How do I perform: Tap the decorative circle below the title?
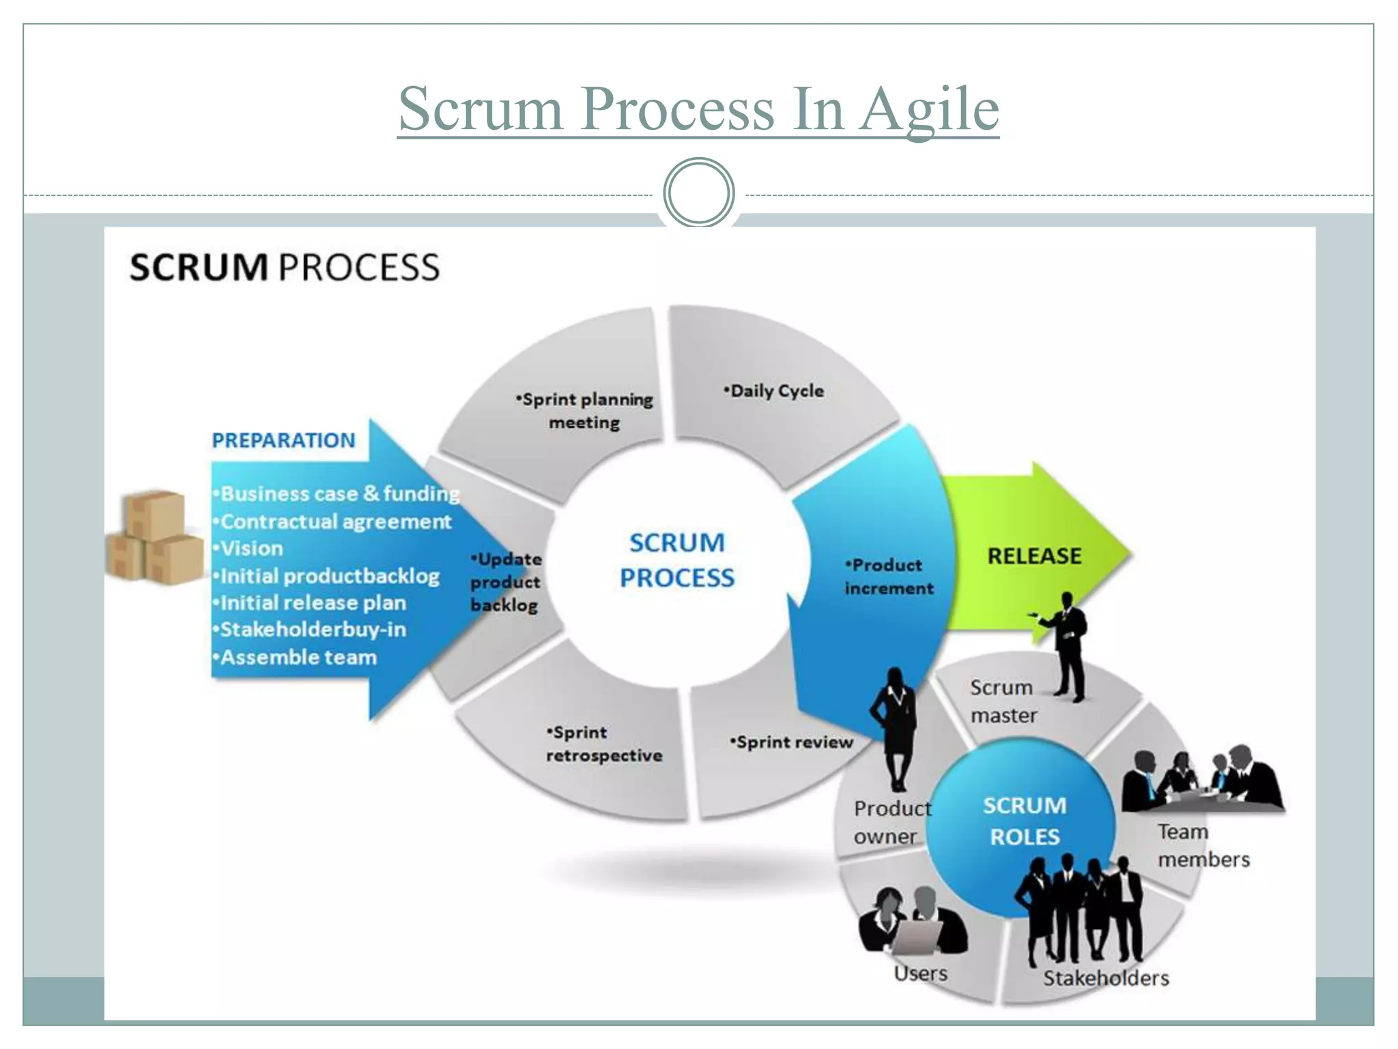(698, 193)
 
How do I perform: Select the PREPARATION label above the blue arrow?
(283, 440)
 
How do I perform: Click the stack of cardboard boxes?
(155, 537)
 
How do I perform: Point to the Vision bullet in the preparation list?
(251, 548)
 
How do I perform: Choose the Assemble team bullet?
(298, 657)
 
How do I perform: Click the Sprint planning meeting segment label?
(585, 410)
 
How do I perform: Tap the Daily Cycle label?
(775, 391)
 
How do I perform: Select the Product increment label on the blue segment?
(887, 576)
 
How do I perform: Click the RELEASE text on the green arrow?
(1034, 556)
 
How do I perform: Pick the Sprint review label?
(793, 742)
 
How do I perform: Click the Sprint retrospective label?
(603, 744)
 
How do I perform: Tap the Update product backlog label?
(506, 582)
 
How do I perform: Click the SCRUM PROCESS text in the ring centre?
(676, 560)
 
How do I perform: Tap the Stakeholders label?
(1105, 978)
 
